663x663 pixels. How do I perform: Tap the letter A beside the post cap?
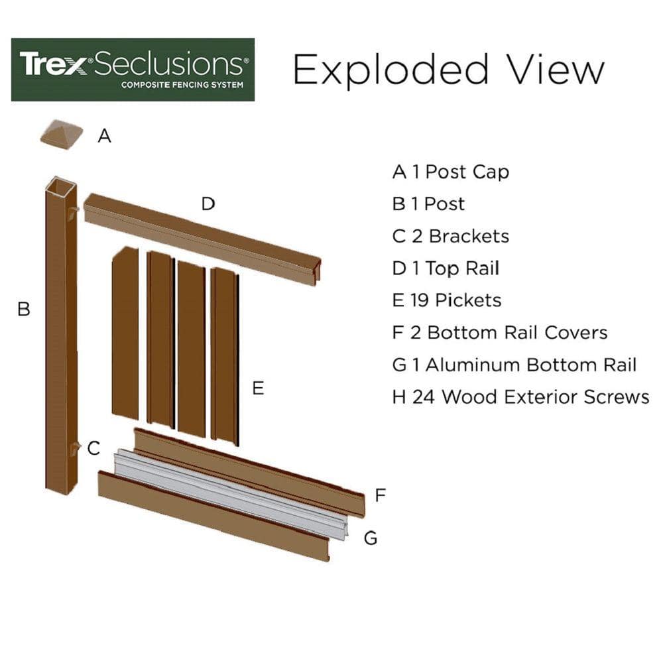pyautogui.click(x=104, y=136)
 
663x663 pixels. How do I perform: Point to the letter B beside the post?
pyautogui.click(x=24, y=309)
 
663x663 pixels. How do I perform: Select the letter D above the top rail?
pyautogui.click(x=208, y=204)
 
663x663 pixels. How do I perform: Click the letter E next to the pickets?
pyautogui.click(x=258, y=389)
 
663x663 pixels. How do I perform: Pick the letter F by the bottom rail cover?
pyautogui.click(x=380, y=495)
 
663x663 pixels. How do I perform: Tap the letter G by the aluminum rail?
pyautogui.click(x=371, y=538)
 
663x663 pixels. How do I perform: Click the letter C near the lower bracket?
pyautogui.click(x=93, y=448)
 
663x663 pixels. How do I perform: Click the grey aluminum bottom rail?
pyautogui.click(x=232, y=494)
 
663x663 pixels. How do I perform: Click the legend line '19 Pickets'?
pyautogui.click(x=447, y=300)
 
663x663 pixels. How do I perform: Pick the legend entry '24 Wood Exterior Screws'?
pyautogui.click(x=520, y=397)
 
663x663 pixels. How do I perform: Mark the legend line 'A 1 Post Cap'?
pyautogui.click(x=450, y=172)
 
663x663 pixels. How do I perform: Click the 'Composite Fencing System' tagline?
pyautogui.click(x=182, y=85)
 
